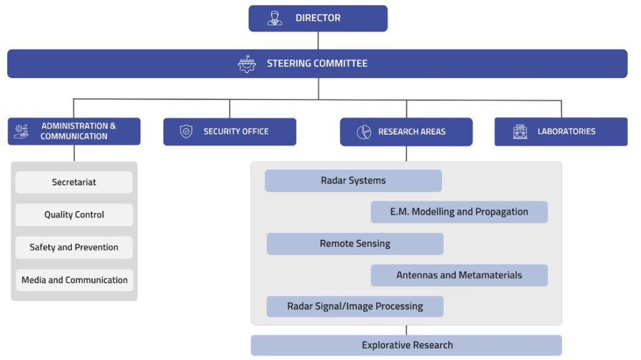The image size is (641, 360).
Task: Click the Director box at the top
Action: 318,18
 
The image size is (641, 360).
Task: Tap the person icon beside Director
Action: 275,18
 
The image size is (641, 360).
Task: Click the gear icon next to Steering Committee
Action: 247,64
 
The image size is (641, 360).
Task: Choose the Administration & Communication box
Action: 74,131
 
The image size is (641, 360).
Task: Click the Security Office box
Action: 230,131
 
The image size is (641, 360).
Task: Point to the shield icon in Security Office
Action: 186,131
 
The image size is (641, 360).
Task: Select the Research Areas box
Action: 406,131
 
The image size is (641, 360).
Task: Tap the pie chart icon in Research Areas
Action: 364,132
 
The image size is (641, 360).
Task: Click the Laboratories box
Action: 561,131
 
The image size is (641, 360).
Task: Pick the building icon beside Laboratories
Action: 520,131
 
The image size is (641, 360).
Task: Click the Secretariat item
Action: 74,182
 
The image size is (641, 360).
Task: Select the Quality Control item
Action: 74,215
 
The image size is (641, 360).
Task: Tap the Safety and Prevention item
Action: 74,247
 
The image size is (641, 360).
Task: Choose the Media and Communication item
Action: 74,280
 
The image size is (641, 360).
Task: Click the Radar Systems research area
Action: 353,181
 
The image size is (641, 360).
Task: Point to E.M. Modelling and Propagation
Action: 459,212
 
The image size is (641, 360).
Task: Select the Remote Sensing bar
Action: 355,244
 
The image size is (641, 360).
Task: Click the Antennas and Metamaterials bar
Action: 459,275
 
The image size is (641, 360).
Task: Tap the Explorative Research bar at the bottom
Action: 406,345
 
